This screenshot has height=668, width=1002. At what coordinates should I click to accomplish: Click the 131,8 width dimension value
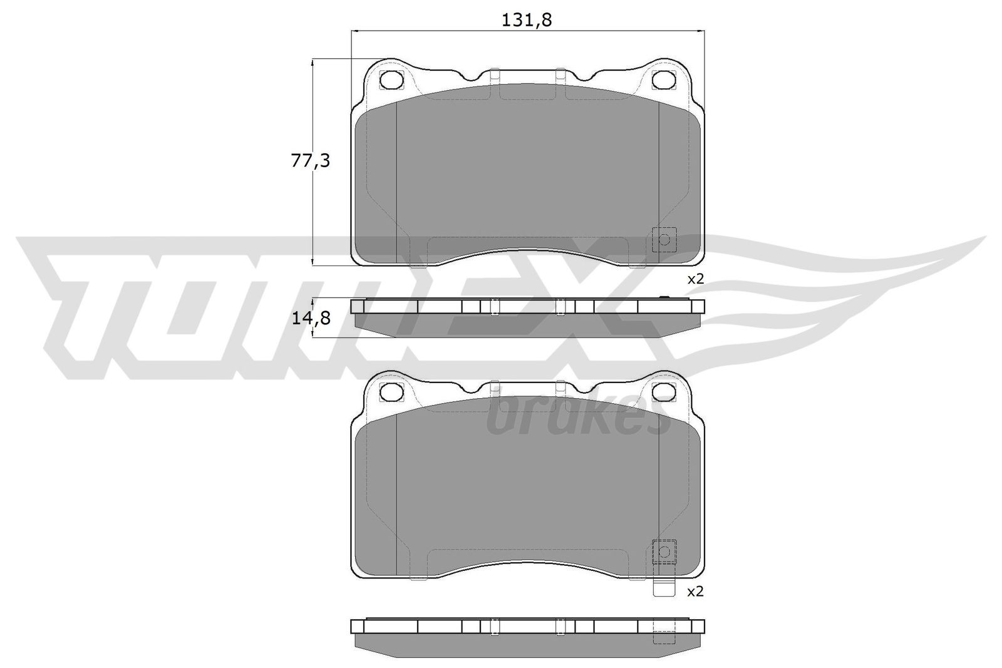(x=526, y=20)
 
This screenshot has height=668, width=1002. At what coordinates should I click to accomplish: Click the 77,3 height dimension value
(x=310, y=162)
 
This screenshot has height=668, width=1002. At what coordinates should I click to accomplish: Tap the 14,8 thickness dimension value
(x=310, y=319)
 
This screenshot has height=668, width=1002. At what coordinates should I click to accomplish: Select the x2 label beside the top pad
(x=696, y=279)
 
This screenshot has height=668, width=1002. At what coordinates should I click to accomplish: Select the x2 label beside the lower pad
(x=696, y=591)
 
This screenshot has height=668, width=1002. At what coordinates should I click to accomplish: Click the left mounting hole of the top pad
(x=392, y=80)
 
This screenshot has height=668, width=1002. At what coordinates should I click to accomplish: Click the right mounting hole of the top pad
(x=663, y=80)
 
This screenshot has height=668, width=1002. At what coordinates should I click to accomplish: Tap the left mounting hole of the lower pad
(x=392, y=391)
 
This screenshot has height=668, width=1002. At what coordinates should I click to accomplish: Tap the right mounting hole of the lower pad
(x=663, y=391)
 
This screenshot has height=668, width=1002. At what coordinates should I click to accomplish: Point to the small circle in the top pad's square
(x=664, y=239)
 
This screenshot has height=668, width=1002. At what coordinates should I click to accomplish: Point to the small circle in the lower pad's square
(x=664, y=550)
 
